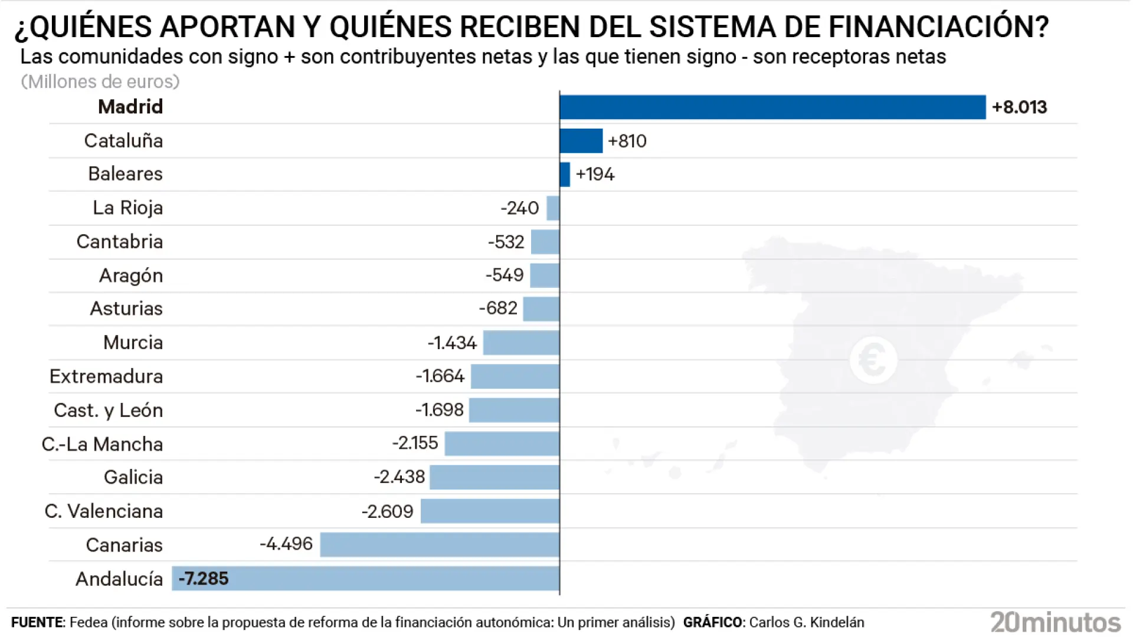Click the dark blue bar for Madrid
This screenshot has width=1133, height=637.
coord(772,107)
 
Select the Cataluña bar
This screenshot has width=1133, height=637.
coord(581,141)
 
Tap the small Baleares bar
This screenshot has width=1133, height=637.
coord(565,175)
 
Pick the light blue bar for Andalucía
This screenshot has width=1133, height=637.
coord(366,579)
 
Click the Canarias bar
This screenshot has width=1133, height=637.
coord(440,544)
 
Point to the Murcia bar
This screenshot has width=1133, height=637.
coord(521,343)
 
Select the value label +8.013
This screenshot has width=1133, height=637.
coord(1019,107)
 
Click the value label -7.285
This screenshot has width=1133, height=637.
coord(204,579)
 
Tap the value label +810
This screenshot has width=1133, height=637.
coord(627,141)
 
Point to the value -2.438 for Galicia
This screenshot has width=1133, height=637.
coord(400,477)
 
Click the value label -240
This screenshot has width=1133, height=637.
coord(520,208)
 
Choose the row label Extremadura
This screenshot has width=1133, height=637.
coord(106,376)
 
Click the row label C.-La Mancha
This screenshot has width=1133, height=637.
coord(102,444)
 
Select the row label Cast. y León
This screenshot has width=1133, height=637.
coord(108,411)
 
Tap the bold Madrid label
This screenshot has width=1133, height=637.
coord(130,107)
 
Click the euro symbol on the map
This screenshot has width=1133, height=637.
coord(873,360)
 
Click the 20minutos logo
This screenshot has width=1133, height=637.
coord(1055,622)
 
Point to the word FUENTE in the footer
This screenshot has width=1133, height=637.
coord(37,623)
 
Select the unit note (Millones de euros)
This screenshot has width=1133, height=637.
coord(100,81)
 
